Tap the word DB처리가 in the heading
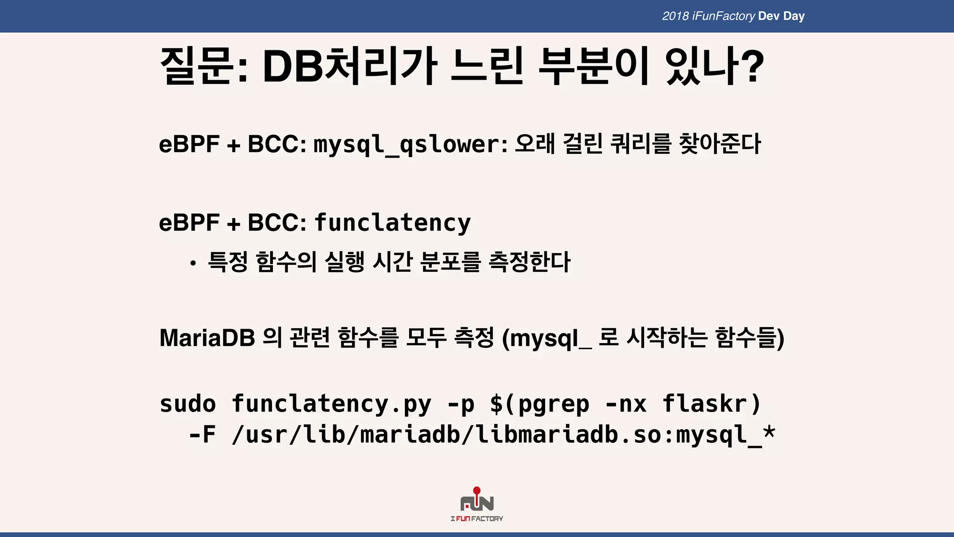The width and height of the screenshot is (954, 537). [349, 66]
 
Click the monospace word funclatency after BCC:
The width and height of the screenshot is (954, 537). [393, 223]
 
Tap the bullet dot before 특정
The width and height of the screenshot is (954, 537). [193, 264]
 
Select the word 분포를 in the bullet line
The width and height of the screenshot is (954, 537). [450, 262]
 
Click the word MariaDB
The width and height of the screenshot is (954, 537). [207, 338]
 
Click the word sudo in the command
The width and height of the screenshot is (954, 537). [188, 404]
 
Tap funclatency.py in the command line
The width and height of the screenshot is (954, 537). [331, 404]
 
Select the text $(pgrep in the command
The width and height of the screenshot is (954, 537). [539, 404]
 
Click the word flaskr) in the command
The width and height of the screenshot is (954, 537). [711, 404]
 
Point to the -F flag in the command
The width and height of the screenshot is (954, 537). [202, 435]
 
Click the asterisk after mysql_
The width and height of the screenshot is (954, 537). [769, 432]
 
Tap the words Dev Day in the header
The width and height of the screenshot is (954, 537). [781, 16]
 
